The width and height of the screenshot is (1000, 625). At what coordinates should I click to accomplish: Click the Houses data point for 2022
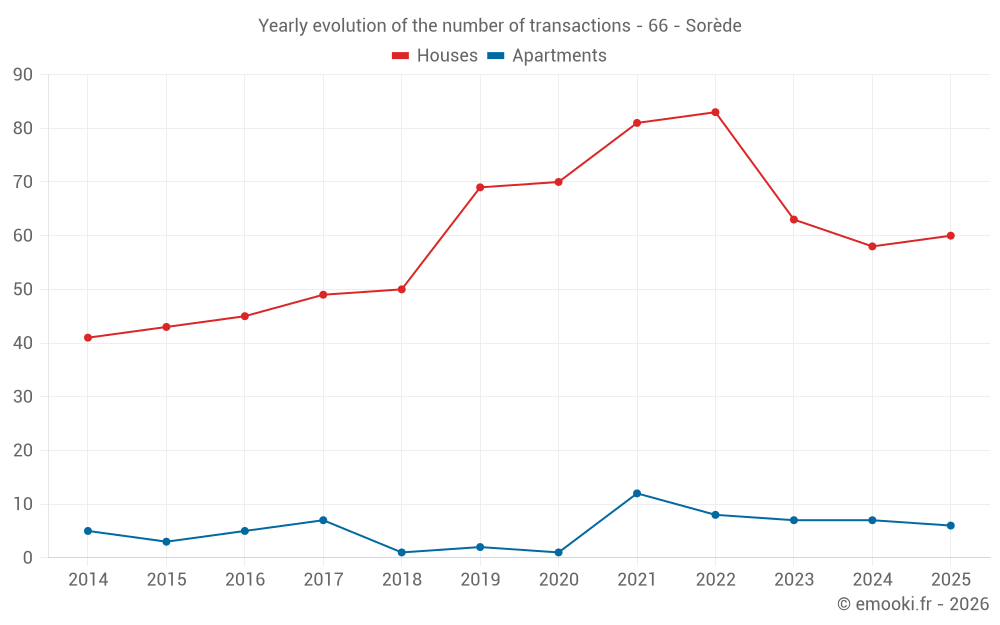[x=716, y=112]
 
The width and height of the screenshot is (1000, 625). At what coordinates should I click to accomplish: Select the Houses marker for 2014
[x=88, y=337]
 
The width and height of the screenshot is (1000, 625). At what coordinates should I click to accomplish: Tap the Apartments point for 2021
[x=637, y=493]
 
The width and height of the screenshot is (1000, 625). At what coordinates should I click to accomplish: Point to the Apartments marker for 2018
[x=402, y=552]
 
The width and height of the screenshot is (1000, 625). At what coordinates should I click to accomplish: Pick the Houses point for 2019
[x=480, y=188]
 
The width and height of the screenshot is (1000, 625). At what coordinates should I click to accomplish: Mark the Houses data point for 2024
[x=872, y=246]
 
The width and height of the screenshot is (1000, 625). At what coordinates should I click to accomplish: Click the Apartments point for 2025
[x=951, y=526]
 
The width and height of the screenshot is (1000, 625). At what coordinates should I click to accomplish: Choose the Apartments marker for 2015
[x=166, y=541]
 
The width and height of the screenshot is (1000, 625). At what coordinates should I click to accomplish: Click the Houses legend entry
[x=435, y=55]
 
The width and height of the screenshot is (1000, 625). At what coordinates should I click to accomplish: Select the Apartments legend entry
[x=547, y=55]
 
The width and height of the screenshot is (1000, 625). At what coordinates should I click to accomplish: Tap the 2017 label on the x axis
[x=323, y=579]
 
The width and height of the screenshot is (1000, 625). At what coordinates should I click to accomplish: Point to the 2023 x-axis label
[x=794, y=579]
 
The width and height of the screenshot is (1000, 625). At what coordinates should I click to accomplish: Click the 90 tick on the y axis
[x=22, y=75]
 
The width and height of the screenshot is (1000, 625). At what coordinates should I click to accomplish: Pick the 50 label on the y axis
[x=22, y=290]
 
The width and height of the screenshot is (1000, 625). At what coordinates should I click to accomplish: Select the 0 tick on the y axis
[x=27, y=557]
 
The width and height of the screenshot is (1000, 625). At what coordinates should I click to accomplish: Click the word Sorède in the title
[x=714, y=26]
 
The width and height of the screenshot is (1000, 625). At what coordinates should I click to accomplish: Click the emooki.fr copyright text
[x=913, y=603]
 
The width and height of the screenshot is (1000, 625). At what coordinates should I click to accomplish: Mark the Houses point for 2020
[x=559, y=182]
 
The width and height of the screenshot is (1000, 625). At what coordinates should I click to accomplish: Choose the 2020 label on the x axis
[x=559, y=579]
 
